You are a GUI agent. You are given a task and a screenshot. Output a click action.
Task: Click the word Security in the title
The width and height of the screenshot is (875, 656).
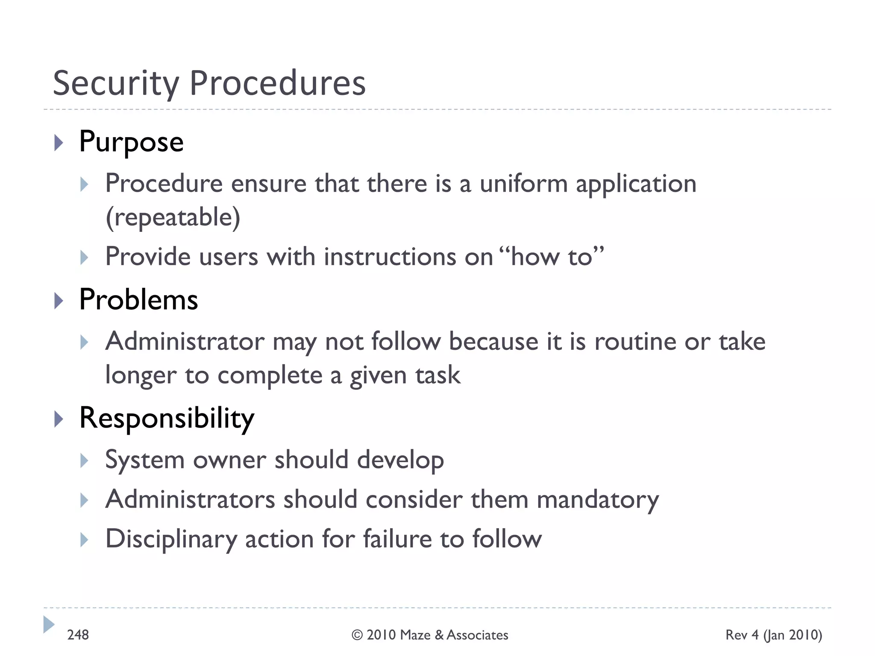pyautogui.click(x=116, y=83)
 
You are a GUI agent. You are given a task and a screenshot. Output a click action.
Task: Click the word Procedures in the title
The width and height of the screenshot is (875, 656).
pyautogui.click(x=278, y=83)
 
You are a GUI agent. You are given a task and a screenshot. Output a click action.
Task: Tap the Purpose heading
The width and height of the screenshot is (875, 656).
pyautogui.click(x=131, y=142)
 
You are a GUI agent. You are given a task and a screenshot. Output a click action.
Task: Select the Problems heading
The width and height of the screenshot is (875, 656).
pyautogui.click(x=138, y=300)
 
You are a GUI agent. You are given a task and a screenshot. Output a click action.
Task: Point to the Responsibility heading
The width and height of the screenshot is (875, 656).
pyautogui.click(x=167, y=418)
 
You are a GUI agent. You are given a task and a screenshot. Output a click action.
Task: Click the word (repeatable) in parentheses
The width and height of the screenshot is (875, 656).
pyautogui.click(x=173, y=217)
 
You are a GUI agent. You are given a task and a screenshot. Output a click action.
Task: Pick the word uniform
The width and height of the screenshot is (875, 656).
pyautogui.click(x=523, y=184)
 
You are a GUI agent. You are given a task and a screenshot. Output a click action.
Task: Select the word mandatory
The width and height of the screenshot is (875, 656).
pyautogui.click(x=598, y=500)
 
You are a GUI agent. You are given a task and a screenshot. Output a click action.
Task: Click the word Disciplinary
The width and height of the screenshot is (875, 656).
pyautogui.click(x=171, y=539)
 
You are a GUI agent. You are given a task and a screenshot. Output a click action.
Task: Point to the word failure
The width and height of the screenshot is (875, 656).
pyautogui.click(x=397, y=539)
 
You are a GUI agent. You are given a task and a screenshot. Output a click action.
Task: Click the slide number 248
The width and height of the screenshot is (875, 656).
pyautogui.click(x=78, y=635)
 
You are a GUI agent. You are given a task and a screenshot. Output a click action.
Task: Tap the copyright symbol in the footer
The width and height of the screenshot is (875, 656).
pyautogui.click(x=357, y=635)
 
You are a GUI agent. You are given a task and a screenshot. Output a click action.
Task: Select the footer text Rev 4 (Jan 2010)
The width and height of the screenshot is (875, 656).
pyautogui.click(x=773, y=635)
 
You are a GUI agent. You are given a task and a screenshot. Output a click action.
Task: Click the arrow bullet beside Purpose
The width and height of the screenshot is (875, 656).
pyautogui.click(x=59, y=143)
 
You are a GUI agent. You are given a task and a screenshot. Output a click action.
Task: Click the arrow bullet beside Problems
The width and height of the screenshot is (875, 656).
pyautogui.click(x=59, y=301)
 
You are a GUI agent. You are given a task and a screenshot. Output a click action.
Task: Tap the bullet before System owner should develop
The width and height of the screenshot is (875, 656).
pyautogui.click(x=84, y=461)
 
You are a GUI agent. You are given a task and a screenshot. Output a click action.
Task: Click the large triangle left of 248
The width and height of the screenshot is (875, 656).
pyautogui.click(x=49, y=624)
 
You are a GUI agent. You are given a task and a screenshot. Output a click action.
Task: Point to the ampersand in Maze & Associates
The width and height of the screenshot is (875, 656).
pyautogui.click(x=439, y=635)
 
